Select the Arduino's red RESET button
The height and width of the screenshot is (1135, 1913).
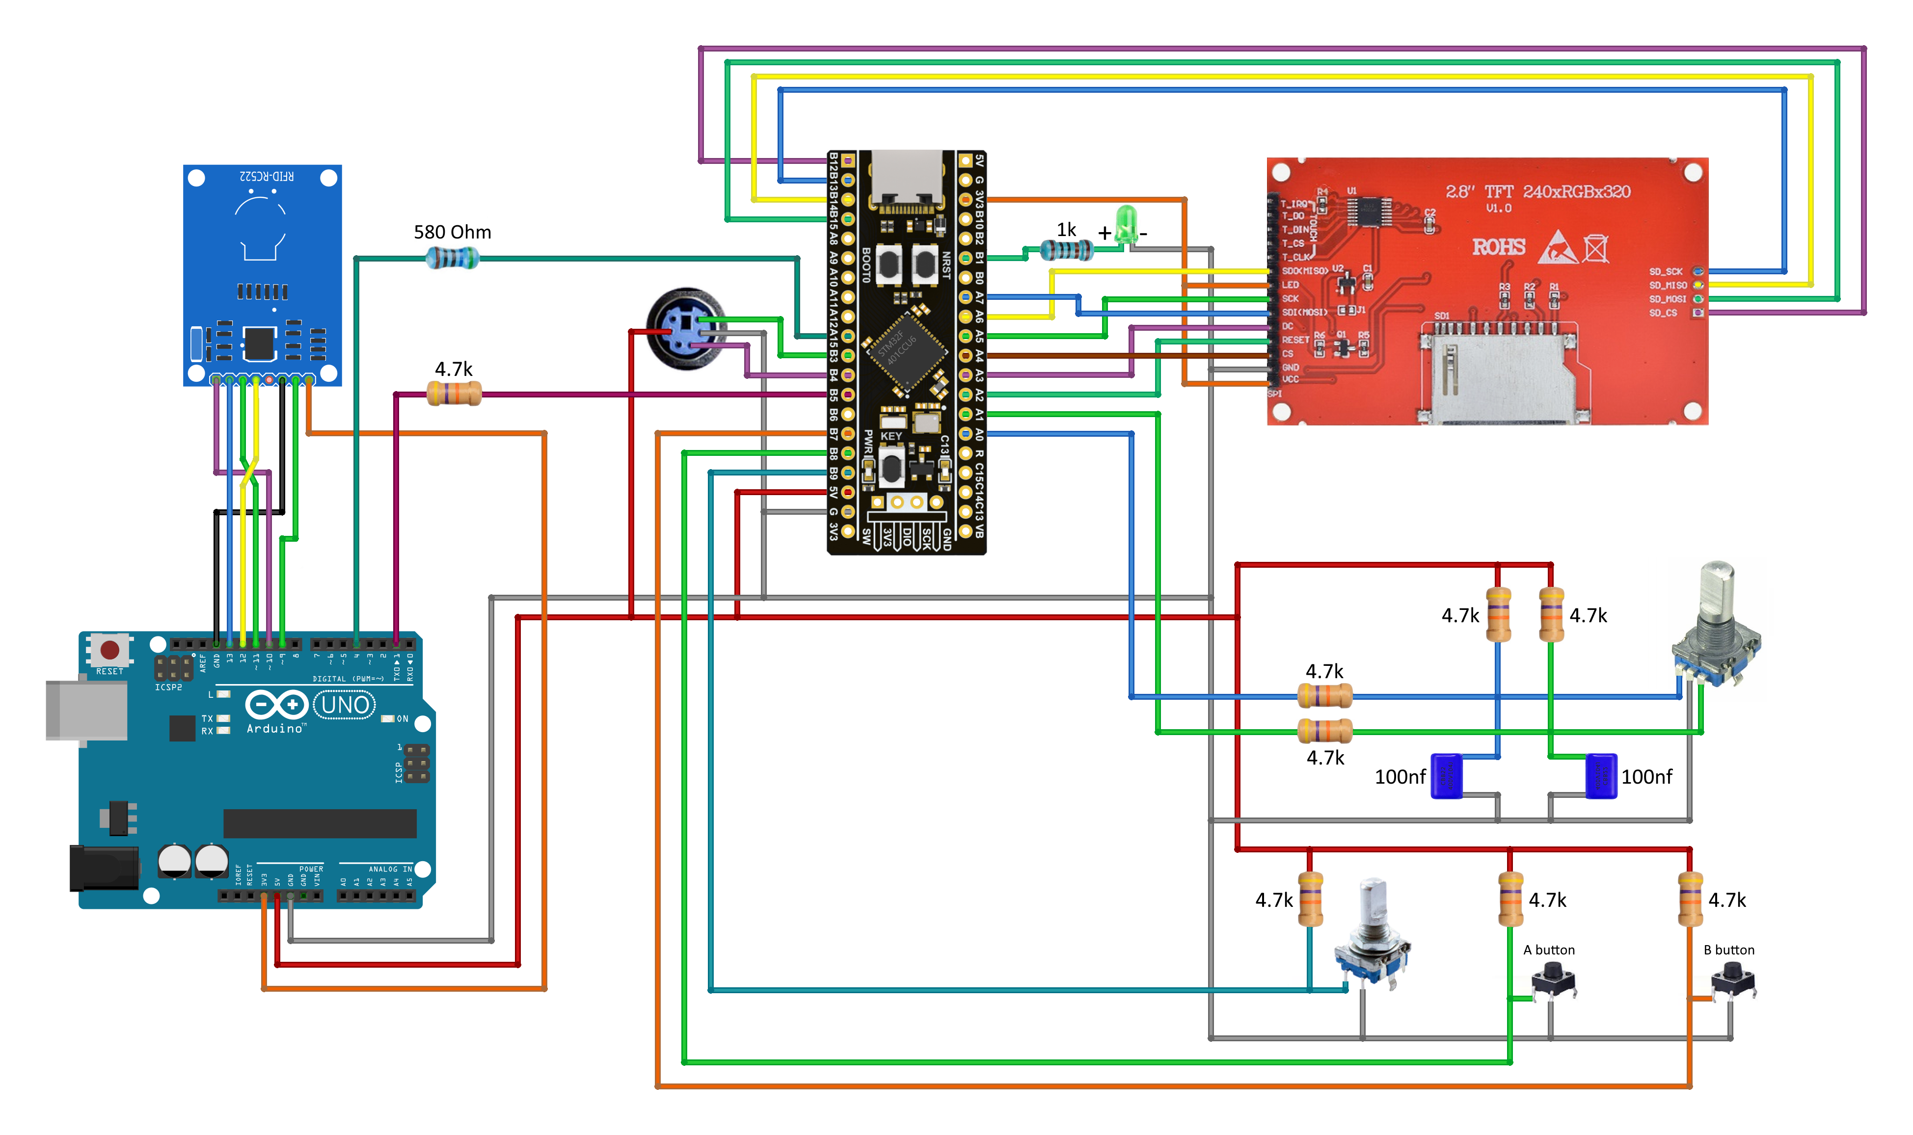[x=109, y=650]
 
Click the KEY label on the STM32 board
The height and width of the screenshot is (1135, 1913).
[x=891, y=436]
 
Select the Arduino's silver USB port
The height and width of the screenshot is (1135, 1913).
[x=86, y=710]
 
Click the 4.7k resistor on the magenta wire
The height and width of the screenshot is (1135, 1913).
[x=454, y=394]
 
